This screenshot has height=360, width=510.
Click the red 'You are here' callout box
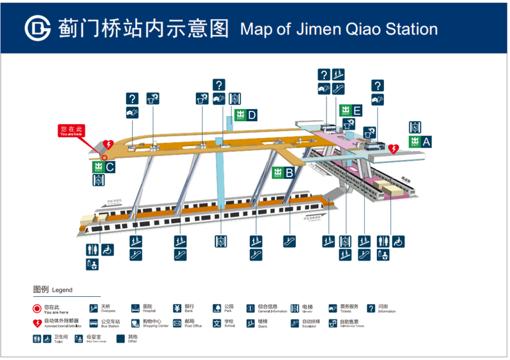[x=71, y=131]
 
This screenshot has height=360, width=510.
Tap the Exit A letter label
[x=426, y=143]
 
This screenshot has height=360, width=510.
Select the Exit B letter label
[x=289, y=172]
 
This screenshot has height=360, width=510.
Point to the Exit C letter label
[x=110, y=168]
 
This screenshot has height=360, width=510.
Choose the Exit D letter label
[x=252, y=115]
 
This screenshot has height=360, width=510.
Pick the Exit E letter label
[x=357, y=111]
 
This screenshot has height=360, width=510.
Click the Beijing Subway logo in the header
[x=38, y=28]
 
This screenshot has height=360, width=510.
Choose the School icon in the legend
[x=217, y=323]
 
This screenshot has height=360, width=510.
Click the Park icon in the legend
[x=217, y=309]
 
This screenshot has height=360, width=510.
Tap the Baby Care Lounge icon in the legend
[x=79, y=339]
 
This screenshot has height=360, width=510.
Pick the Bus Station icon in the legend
[x=94, y=323]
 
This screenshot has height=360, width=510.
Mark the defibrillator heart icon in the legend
[x=38, y=323]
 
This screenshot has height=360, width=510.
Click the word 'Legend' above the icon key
[x=62, y=291]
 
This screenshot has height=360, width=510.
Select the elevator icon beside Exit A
[x=416, y=126]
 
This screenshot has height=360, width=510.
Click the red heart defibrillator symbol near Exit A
[x=393, y=149]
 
